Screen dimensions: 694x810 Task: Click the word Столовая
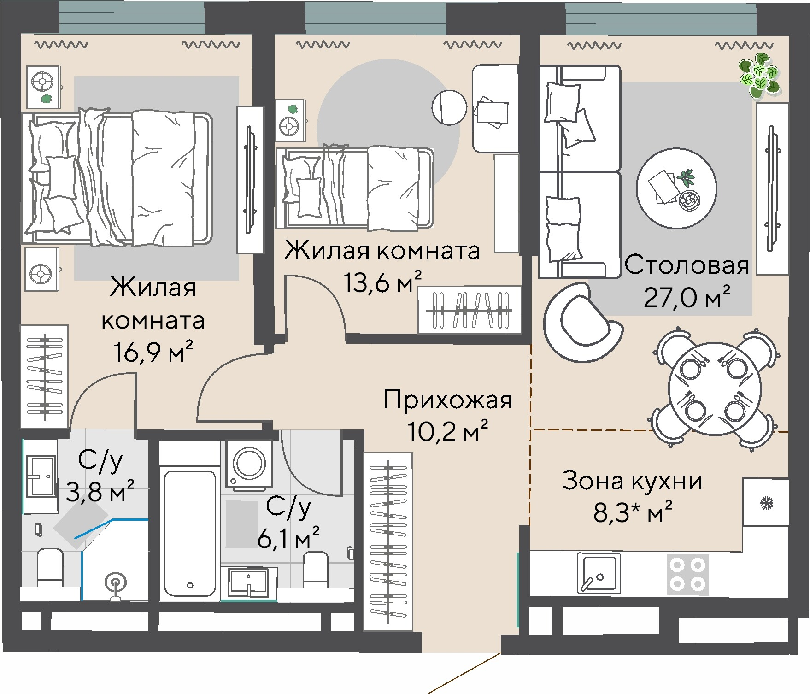tap(687, 265)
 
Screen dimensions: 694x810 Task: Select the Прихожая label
tap(447, 400)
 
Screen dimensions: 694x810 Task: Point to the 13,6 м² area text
tap(382, 282)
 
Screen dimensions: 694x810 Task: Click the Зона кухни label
tap(632, 481)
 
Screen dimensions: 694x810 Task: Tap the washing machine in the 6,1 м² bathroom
tap(249, 464)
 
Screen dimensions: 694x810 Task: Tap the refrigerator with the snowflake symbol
tap(765, 502)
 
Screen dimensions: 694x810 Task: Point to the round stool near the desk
tap(450, 107)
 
